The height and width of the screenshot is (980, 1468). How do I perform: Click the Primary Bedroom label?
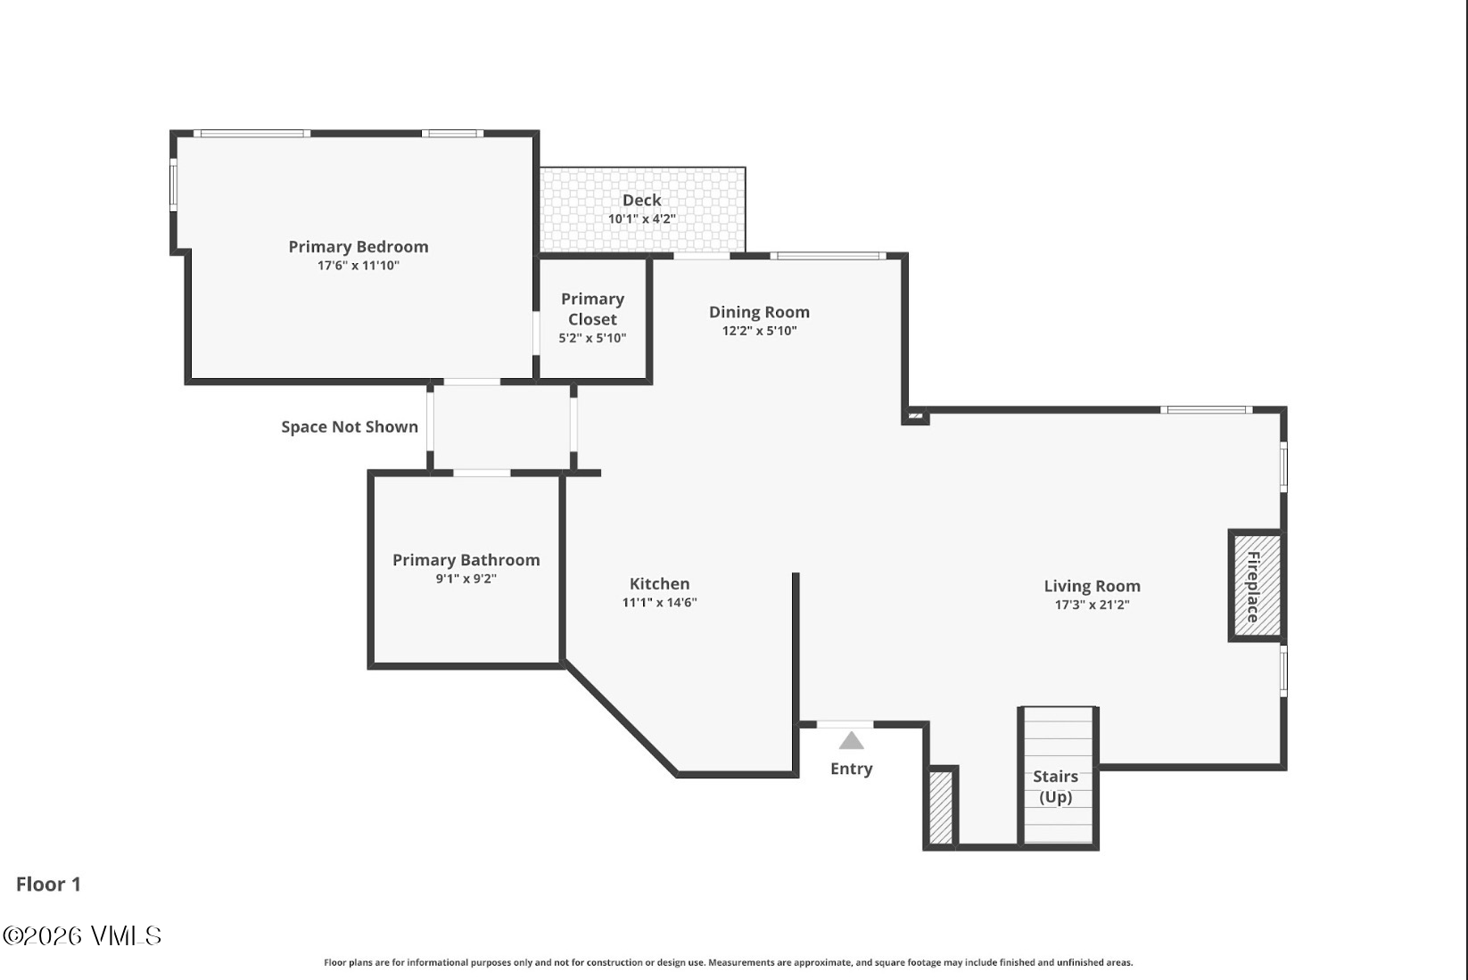359,247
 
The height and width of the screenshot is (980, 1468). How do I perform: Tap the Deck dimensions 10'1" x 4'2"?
641,218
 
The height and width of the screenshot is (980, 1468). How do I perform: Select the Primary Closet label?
592,309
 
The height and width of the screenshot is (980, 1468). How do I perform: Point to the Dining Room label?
760,312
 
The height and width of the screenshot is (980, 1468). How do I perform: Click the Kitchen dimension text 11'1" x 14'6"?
659,603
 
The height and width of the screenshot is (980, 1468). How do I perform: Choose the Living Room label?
1092,586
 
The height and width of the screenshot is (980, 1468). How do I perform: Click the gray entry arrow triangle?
852,740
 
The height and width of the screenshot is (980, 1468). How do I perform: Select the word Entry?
852,769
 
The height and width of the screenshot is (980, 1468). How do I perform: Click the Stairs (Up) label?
1055,786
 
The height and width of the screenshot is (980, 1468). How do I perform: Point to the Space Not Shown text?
350,427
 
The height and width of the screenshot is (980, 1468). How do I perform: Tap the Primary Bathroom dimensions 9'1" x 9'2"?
466,579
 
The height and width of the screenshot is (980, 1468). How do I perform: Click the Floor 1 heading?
48,885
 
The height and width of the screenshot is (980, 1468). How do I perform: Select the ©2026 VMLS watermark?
82,936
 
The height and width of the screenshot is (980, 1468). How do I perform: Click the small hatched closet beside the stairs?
941,807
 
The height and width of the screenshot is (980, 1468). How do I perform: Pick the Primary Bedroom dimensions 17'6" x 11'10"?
359,266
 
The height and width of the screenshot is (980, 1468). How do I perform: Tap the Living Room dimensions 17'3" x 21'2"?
1092,605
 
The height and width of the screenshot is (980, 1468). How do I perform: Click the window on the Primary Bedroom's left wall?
174,185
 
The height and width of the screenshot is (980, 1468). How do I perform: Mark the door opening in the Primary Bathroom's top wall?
482,473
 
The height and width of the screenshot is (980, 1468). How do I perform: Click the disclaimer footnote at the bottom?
728,962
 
